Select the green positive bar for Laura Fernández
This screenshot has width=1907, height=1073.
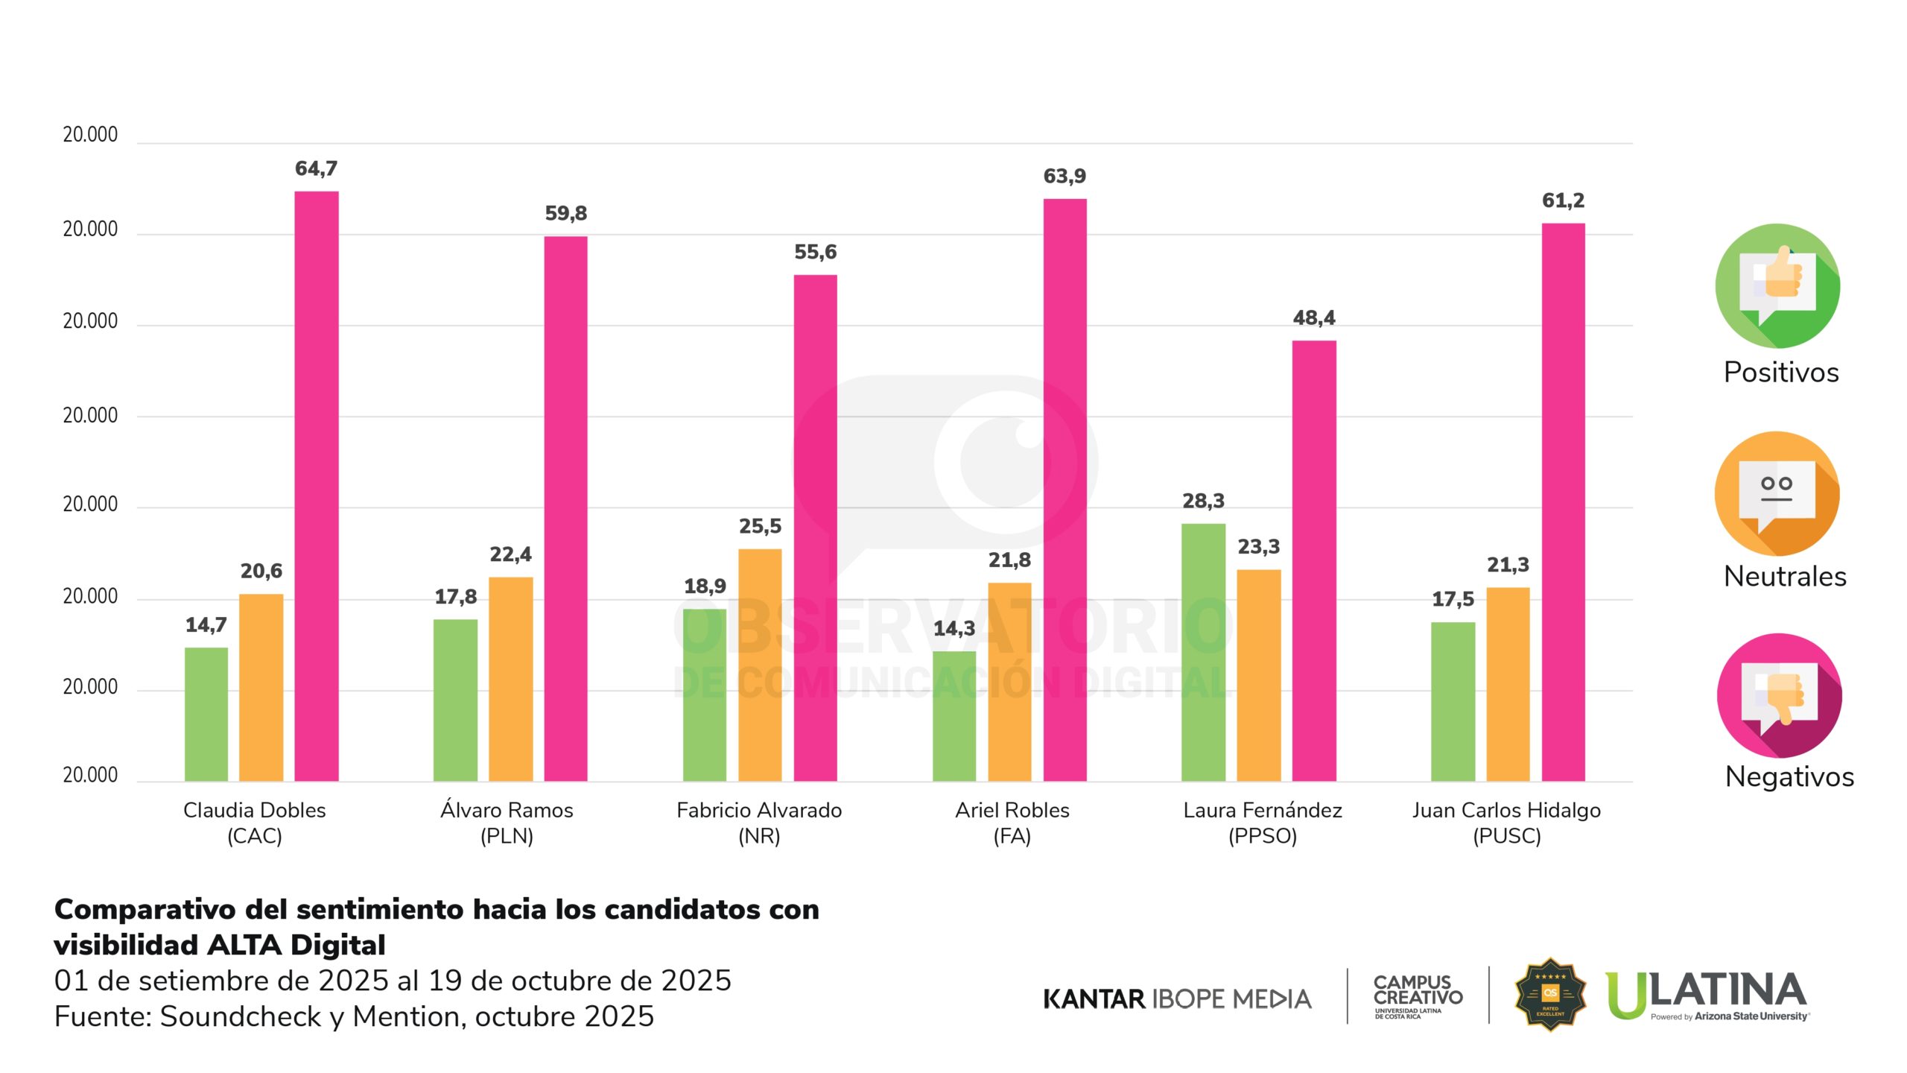tap(1203, 652)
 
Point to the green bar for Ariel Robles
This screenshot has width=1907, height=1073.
tap(954, 715)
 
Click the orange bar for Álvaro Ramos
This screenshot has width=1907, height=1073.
tap(510, 679)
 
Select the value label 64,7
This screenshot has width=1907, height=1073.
tap(316, 168)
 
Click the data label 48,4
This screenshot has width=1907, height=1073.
tap(1314, 318)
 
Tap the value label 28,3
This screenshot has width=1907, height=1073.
tap(1203, 501)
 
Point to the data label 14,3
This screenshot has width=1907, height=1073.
tap(954, 628)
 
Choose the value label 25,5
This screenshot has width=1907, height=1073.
tap(760, 526)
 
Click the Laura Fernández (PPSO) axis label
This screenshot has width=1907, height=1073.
tap(1263, 823)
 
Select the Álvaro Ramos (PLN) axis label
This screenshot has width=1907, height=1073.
tap(507, 823)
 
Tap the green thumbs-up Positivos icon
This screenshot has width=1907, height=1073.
tap(1777, 285)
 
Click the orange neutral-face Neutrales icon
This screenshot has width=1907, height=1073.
tap(1777, 493)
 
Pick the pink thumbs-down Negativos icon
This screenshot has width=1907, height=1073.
tap(1779, 695)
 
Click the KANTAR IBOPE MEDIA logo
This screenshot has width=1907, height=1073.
tap(1177, 998)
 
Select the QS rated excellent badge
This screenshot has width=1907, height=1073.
tap(1550, 994)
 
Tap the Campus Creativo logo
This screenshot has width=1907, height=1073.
tap(1418, 996)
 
